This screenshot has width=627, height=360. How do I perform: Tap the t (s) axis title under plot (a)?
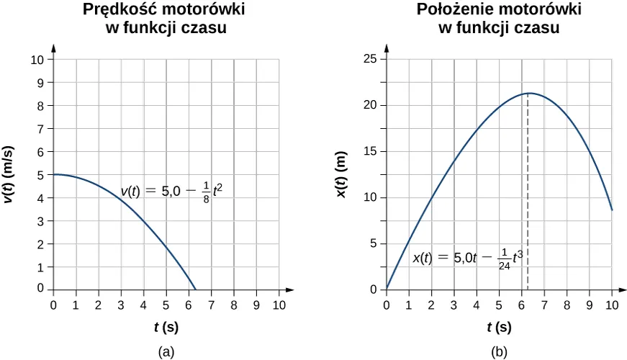point(166,327)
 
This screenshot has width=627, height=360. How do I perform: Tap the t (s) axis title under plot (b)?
point(499,327)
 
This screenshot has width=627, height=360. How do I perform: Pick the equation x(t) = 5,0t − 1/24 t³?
point(472,258)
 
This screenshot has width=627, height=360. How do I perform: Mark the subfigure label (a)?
point(166,351)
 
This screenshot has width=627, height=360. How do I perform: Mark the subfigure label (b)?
point(499,351)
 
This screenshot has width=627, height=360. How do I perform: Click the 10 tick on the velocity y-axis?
point(37,59)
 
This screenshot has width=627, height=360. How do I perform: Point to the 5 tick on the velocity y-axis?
point(41,175)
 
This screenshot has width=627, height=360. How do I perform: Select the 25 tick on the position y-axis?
point(371,59)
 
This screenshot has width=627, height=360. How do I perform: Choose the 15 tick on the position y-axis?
point(371,152)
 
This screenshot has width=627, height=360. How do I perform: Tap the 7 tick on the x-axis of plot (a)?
point(212,304)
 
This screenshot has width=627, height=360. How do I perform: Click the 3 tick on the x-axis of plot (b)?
point(454,304)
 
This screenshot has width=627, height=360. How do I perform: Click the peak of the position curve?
point(529,93)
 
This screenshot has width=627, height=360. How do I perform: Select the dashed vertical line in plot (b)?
point(528,194)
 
